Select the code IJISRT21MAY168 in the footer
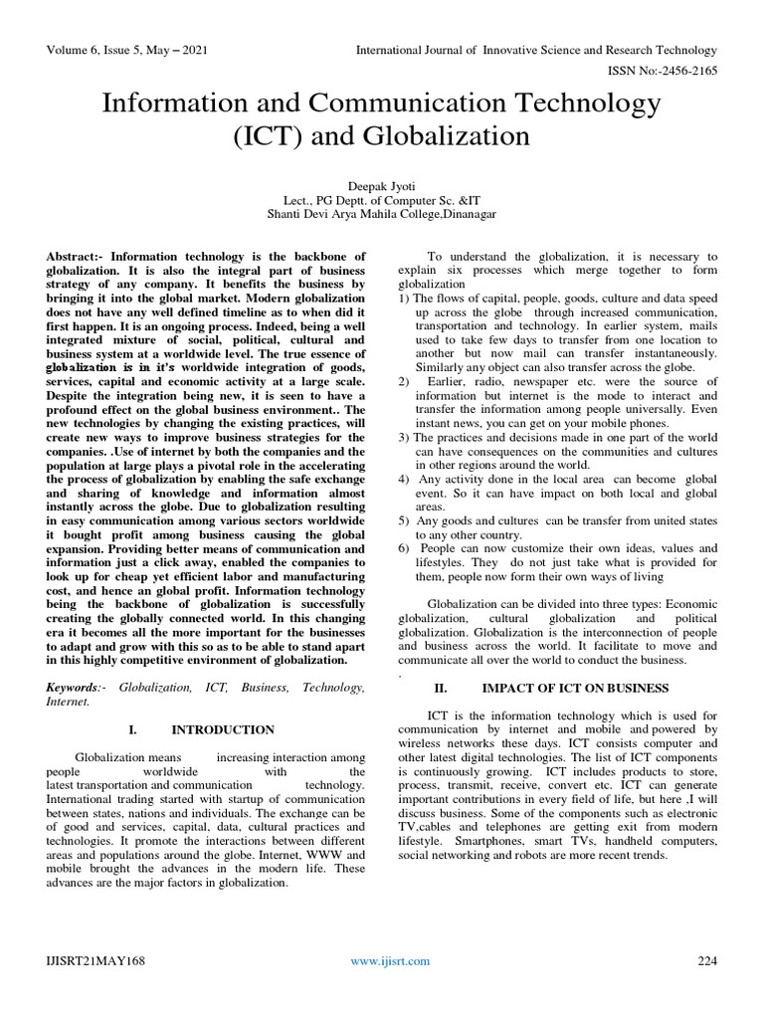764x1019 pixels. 95,960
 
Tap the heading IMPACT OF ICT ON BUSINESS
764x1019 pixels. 575,688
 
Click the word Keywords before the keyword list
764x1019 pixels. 73,687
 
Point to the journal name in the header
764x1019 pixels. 537,50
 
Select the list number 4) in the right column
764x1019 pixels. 403,479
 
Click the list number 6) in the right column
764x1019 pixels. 403,548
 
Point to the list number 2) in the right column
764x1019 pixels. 403,381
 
